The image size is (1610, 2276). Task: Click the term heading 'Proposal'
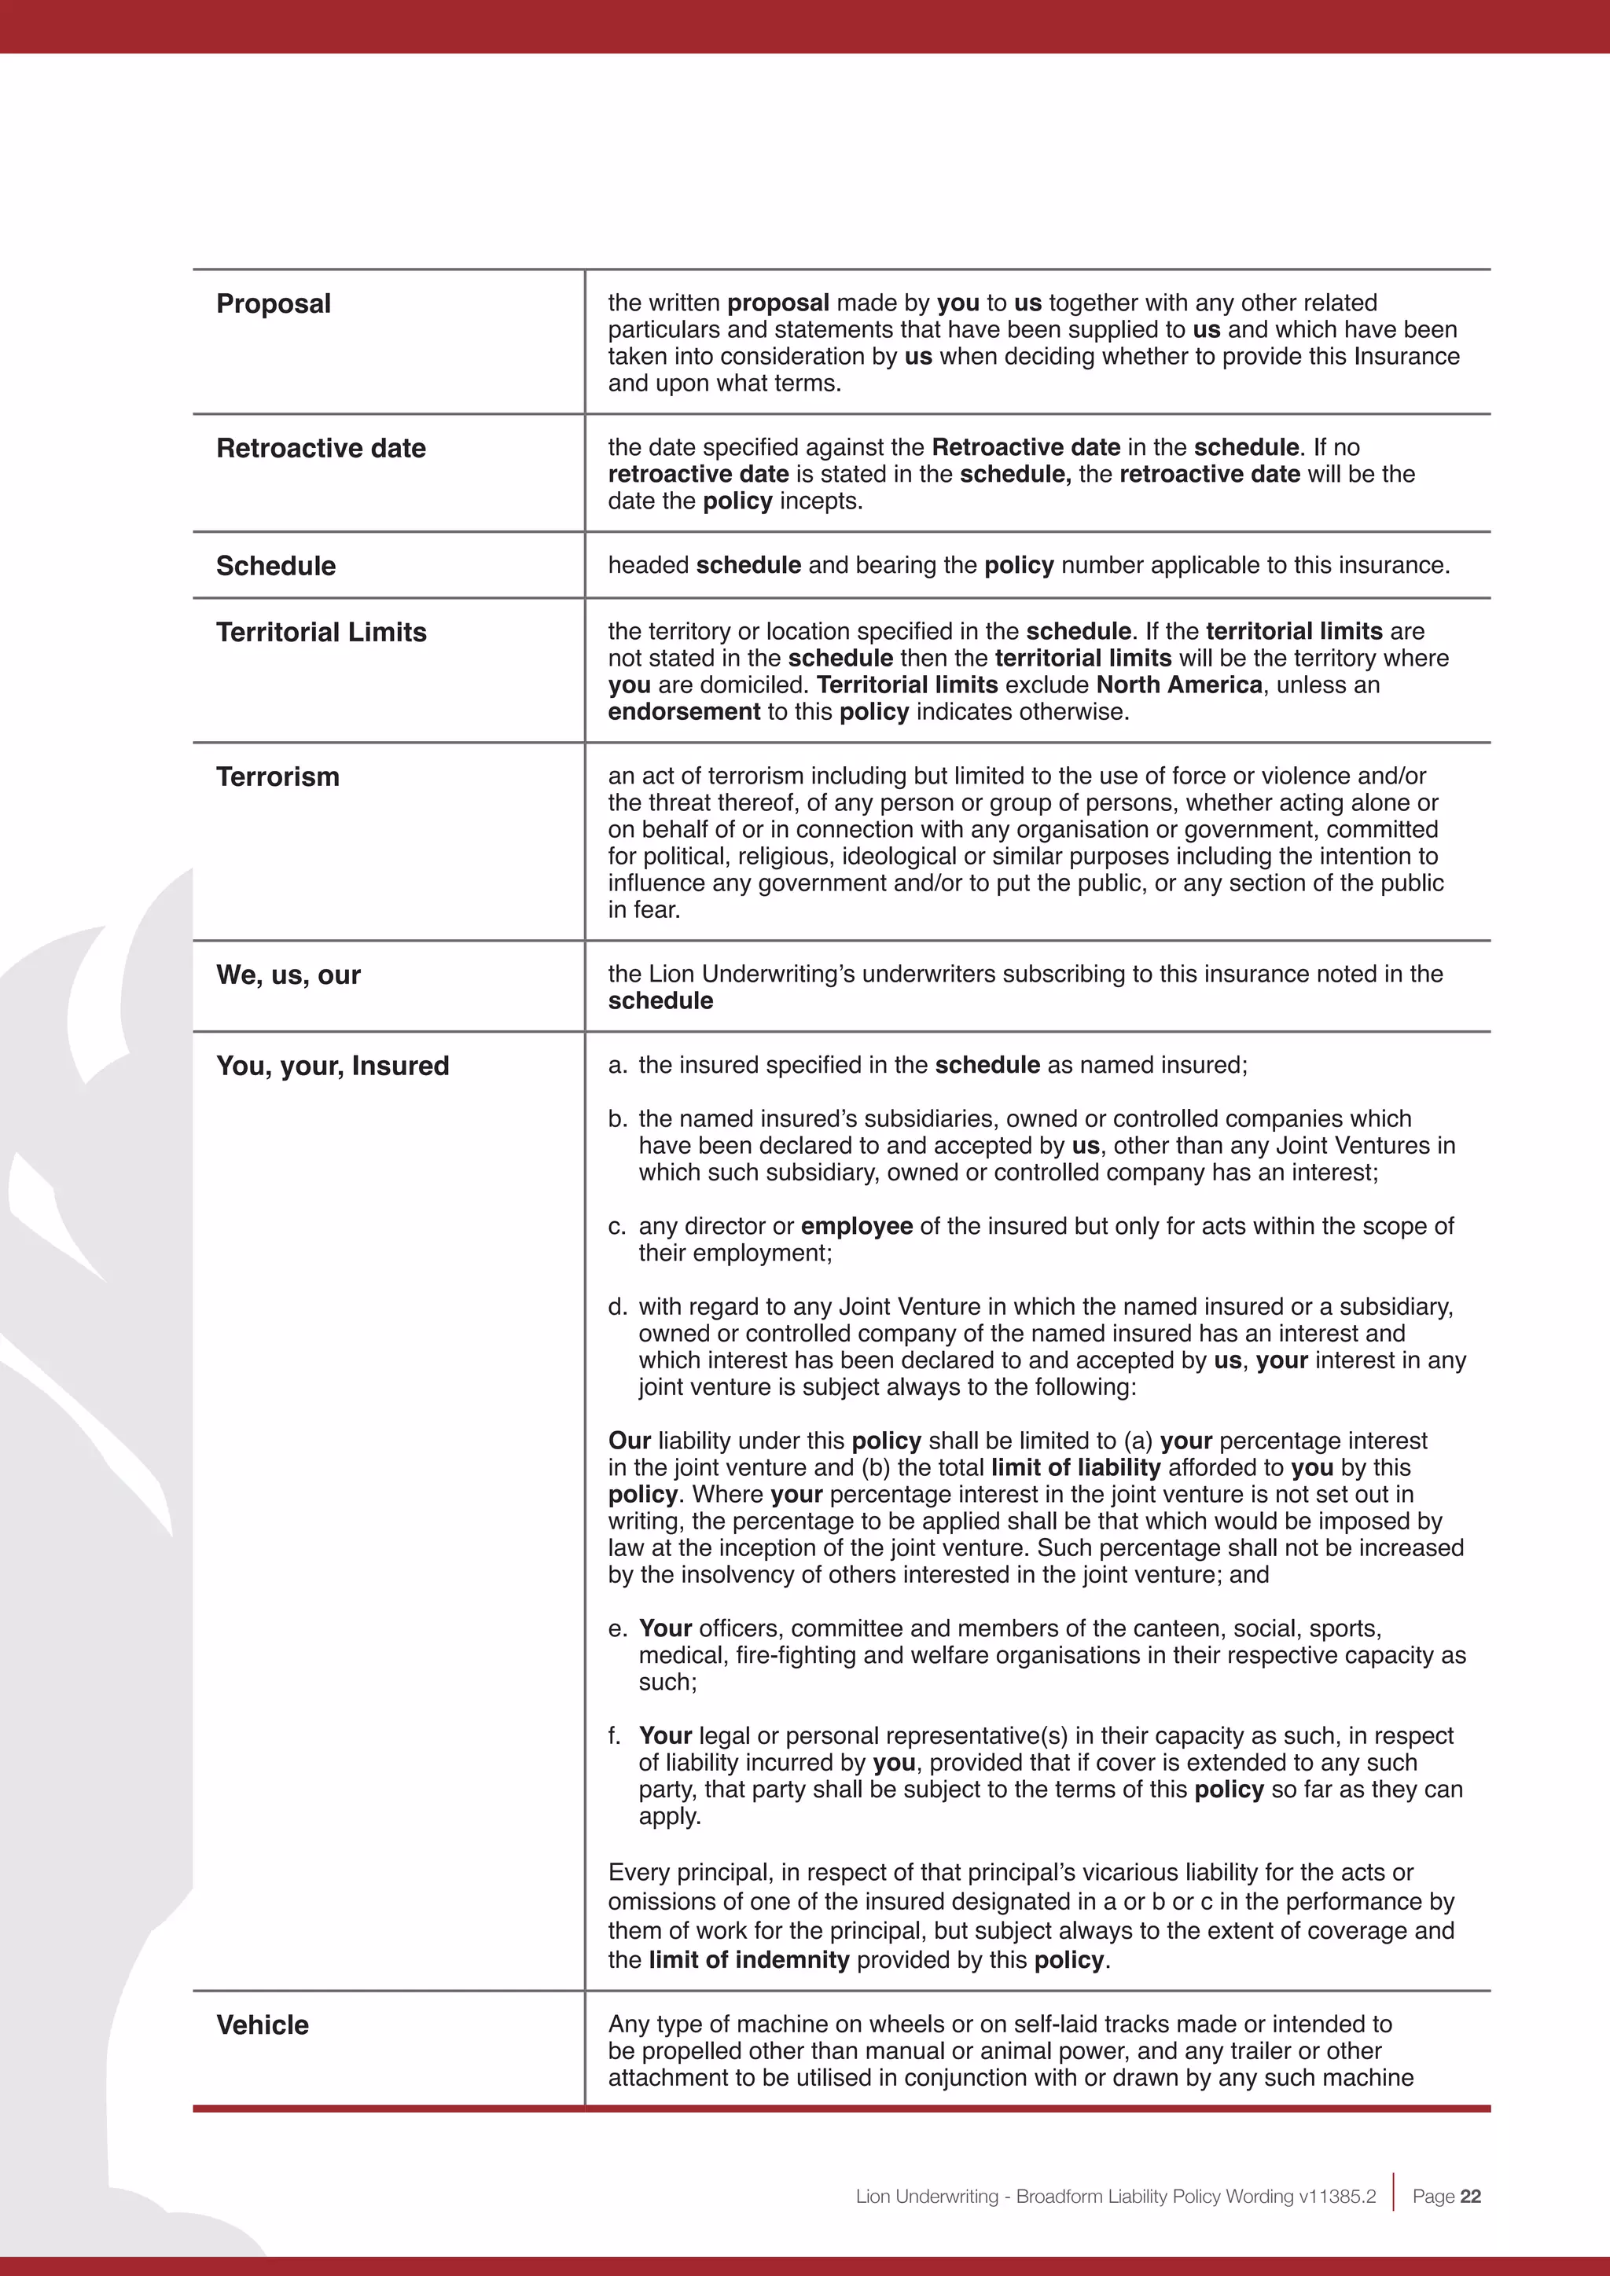pyautogui.click(x=274, y=303)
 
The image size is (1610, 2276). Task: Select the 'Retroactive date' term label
pyautogui.click(x=322, y=448)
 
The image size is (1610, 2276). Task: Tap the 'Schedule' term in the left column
pyautogui.click(x=276, y=566)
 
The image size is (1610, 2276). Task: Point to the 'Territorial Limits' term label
pyautogui.click(x=322, y=633)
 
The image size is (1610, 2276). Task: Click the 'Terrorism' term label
pyautogui.click(x=278, y=777)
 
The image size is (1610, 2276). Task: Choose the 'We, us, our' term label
pyautogui.click(x=289, y=975)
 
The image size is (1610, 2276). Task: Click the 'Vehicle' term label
pyautogui.click(x=263, y=2025)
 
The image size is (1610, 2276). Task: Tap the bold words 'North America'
pyautogui.click(x=1178, y=685)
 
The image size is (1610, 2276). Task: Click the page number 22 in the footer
pyautogui.click(x=1470, y=2197)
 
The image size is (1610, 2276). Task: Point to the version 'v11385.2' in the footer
pyautogui.click(x=1343, y=2197)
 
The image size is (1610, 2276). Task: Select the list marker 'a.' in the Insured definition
pyautogui.click(x=618, y=1066)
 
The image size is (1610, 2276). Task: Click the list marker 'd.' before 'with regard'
pyautogui.click(x=618, y=1308)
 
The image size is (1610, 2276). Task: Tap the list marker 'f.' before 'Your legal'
pyautogui.click(x=616, y=1736)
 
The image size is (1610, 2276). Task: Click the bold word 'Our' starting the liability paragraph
pyautogui.click(x=630, y=1441)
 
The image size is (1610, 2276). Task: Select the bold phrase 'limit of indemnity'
pyautogui.click(x=748, y=1960)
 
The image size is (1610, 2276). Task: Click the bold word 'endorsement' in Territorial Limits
pyautogui.click(x=684, y=712)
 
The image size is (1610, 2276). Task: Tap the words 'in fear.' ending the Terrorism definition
pyautogui.click(x=645, y=910)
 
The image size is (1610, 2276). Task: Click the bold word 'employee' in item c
pyautogui.click(x=857, y=1226)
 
